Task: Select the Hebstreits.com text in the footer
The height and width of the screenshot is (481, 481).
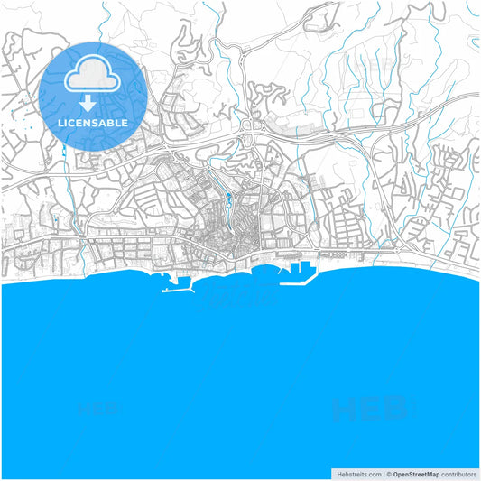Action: pos(359,474)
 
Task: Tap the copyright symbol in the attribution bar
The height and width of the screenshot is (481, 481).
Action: pos(388,474)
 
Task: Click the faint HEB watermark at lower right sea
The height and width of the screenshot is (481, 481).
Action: pos(370,411)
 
